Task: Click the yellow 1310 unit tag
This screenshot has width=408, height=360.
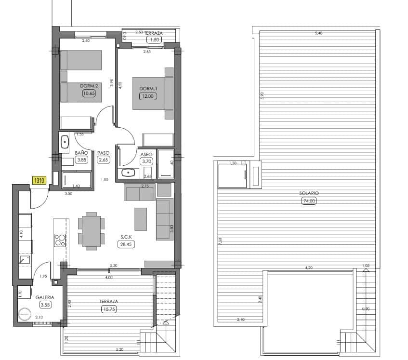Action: tap(39, 181)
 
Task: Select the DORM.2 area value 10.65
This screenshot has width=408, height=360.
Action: tap(89, 93)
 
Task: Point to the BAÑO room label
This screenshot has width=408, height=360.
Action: tap(81, 153)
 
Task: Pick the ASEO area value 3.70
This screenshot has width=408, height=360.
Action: tap(146, 161)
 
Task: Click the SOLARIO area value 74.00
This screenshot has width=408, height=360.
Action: tap(309, 201)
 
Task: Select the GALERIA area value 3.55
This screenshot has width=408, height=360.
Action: tap(46, 305)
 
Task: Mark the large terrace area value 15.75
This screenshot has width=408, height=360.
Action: tap(108, 309)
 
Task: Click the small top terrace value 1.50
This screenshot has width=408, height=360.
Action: tap(155, 40)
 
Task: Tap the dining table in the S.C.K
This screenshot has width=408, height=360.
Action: tap(91, 231)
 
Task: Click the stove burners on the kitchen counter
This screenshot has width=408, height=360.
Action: tap(60, 240)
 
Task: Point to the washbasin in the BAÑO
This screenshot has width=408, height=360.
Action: tap(65, 142)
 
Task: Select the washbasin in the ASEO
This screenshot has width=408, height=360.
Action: tap(128, 173)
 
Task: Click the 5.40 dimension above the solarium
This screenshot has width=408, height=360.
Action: tap(318, 33)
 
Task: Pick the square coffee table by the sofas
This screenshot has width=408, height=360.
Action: tap(141, 219)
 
